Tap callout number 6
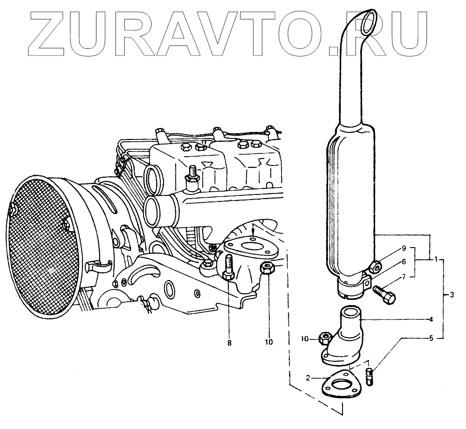pos(404,262)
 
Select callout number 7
pos(404,277)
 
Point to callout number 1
pos(436,260)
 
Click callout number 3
pos(452,295)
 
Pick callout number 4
pos(431,319)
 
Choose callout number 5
pos(431,338)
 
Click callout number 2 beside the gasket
pos(308,378)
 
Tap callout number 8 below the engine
pos(229,343)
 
